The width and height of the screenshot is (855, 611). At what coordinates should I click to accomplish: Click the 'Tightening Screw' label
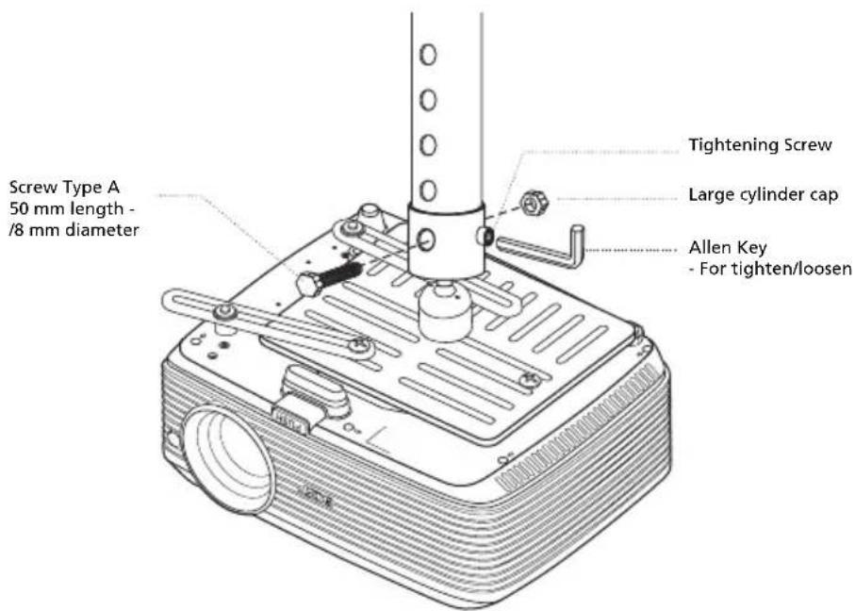click(x=760, y=145)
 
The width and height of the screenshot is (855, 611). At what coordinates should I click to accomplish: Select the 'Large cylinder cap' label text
click(x=764, y=195)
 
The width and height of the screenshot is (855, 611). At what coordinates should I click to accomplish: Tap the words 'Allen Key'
click(x=728, y=248)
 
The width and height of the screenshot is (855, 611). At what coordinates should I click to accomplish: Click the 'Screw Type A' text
click(x=65, y=188)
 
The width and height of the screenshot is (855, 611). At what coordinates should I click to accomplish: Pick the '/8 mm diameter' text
click(x=74, y=230)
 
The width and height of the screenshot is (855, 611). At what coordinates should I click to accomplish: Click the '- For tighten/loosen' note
click(x=770, y=269)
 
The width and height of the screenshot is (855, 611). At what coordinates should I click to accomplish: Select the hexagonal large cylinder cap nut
click(x=534, y=203)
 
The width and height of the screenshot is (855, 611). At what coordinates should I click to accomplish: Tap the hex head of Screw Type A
click(x=310, y=284)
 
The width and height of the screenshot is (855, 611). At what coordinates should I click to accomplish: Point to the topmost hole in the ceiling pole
click(x=429, y=55)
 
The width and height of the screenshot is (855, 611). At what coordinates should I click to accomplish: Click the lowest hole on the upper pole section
click(x=429, y=190)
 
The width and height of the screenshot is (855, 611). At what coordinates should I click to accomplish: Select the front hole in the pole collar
click(x=426, y=240)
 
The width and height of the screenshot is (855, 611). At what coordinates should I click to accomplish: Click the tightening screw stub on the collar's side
click(x=485, y=235)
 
